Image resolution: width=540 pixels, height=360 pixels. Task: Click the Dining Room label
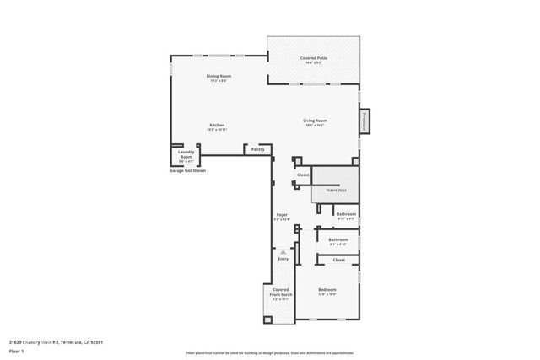coord(219,77)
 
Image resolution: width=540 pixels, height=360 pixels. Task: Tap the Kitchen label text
coord(217,126)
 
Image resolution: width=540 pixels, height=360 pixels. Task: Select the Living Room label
coord(316,121)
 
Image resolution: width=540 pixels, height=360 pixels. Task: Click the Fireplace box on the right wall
coord(364,121)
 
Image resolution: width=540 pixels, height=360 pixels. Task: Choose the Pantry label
coord(258,149)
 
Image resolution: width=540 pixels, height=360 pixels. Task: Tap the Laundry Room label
coord(186,155)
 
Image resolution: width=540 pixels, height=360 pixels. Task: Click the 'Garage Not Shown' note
coord(187,170)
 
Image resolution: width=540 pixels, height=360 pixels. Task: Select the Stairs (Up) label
coord(336,191)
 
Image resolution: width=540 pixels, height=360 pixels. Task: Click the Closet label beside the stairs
coord(303,175)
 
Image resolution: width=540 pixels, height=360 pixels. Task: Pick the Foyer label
coord(283,215)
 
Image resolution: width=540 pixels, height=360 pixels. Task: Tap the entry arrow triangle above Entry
coord(283,251)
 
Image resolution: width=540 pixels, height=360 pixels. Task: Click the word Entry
coord(283,259)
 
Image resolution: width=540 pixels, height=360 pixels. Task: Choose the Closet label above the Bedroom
coord(338,260)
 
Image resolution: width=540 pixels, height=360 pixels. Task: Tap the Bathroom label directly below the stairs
coord(346,214)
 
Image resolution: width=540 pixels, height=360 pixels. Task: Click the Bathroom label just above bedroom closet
coord(338,239)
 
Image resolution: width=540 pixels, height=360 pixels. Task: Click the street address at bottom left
coord(56,341)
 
